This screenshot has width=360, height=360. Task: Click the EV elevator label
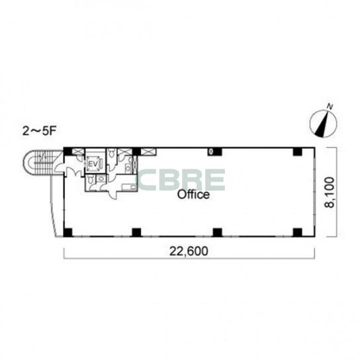click(93, 164)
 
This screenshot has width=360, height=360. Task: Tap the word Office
click(193, 195)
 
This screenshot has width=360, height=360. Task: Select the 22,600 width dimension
click(189, 251)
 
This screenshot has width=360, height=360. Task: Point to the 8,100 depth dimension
click(330, 192)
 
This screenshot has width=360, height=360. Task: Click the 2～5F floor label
click(40, 132)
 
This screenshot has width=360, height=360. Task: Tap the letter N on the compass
click(330, 107)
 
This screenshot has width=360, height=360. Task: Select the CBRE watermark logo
click(181, 180)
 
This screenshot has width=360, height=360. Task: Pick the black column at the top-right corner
click(298, 152)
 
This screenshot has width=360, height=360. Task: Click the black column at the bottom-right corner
click(298, 232)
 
